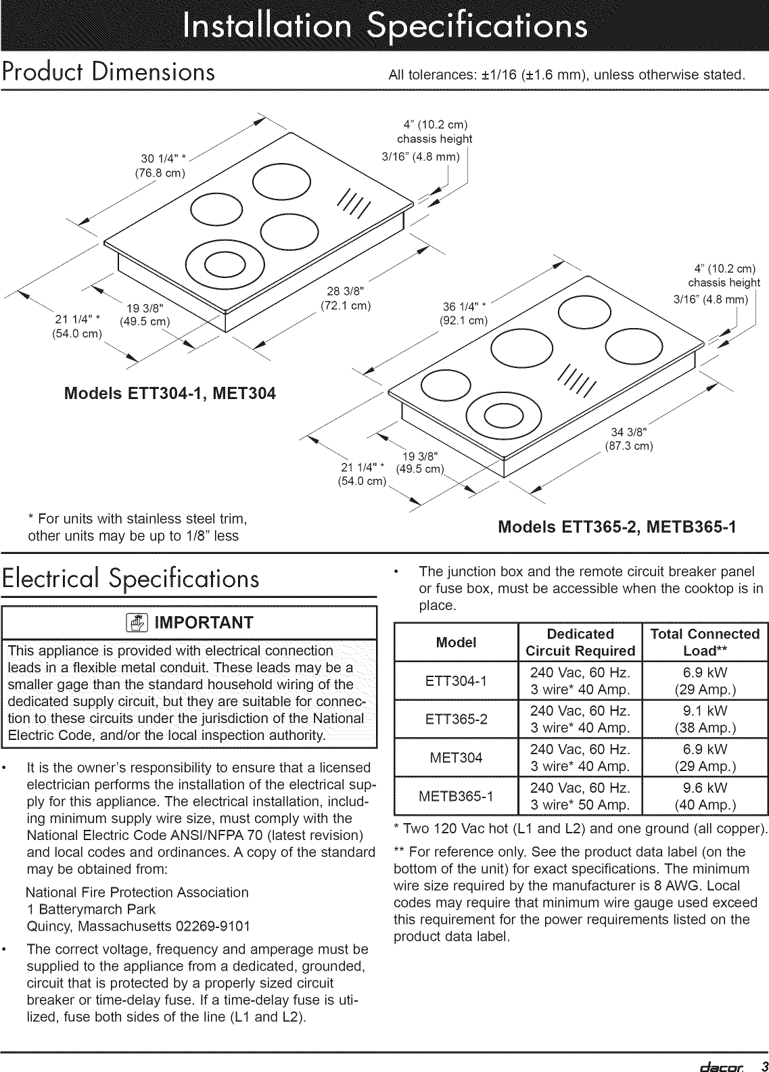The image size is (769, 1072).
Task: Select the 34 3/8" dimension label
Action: point(629,432)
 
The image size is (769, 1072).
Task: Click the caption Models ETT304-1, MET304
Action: point(169,394)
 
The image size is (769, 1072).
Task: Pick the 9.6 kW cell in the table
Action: point(705,788)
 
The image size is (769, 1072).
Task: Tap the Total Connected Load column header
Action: point(705,642)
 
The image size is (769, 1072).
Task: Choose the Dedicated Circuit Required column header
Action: point(580,642)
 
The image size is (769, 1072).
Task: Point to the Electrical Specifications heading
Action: point(131,580)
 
